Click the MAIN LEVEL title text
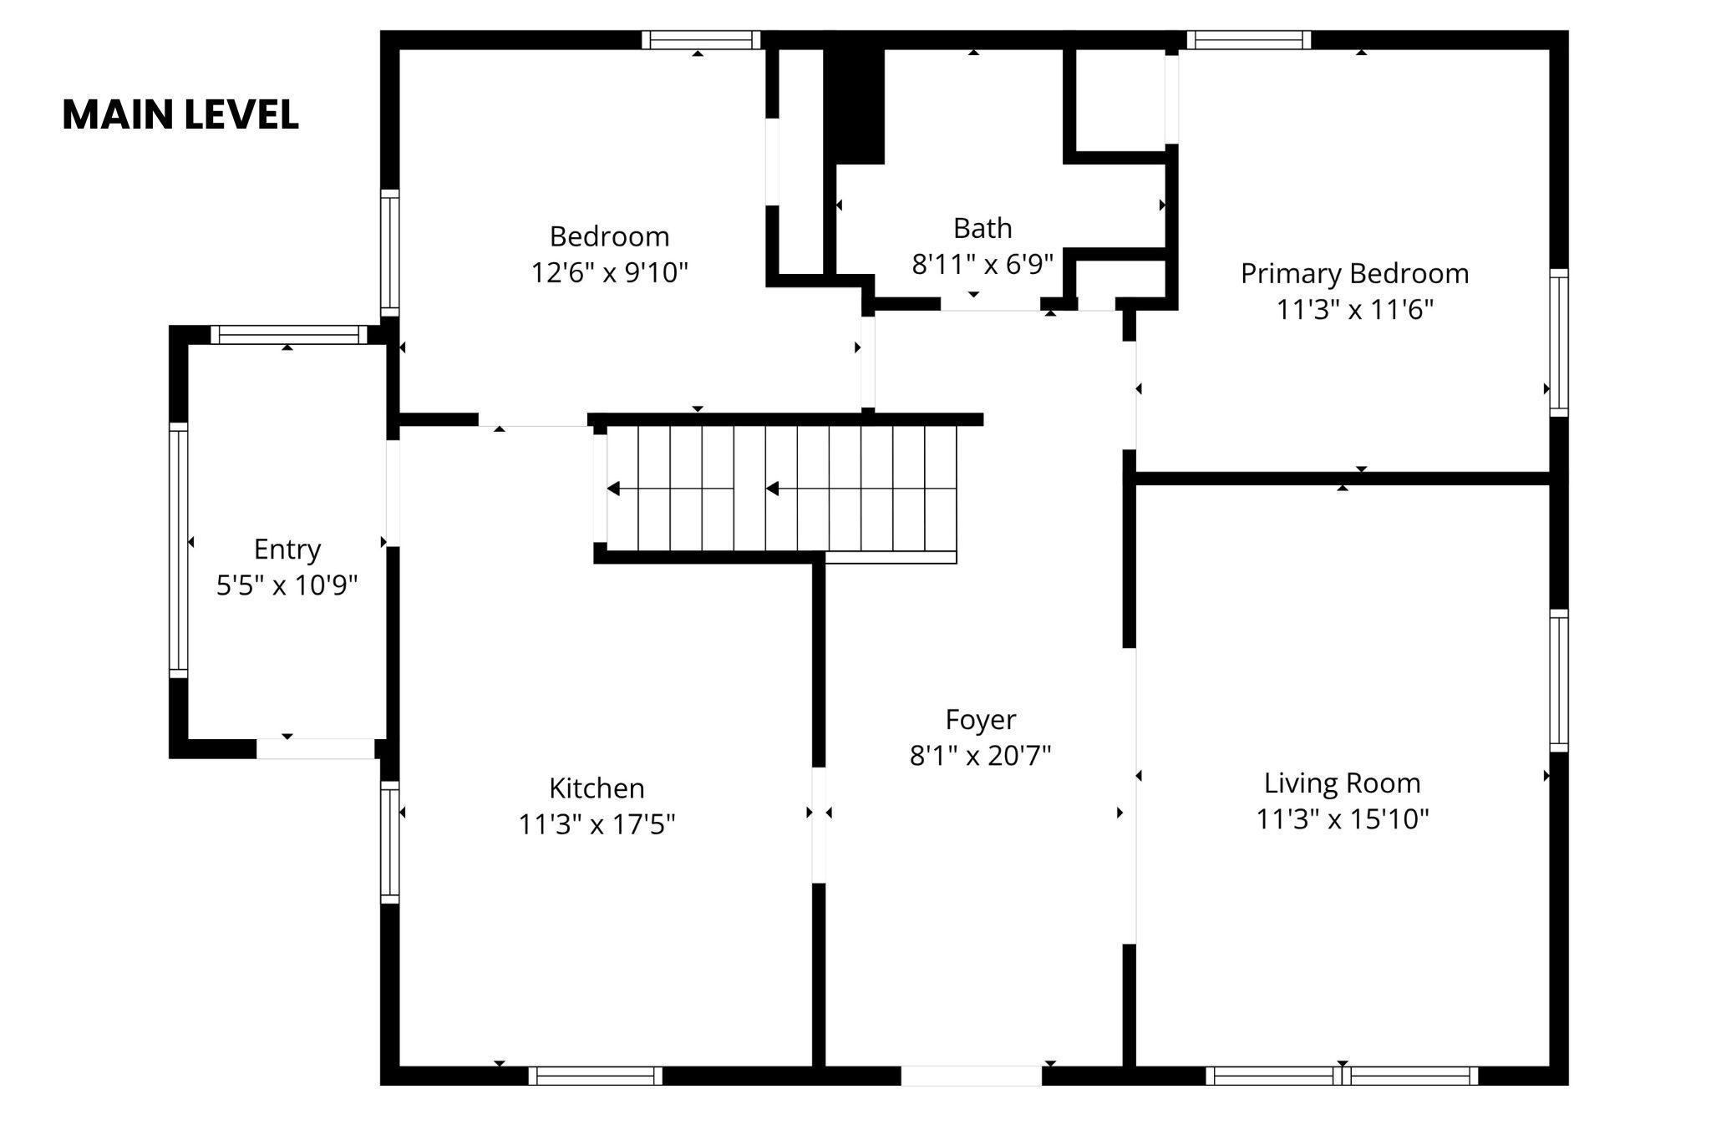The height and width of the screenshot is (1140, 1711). (x=180, y=115)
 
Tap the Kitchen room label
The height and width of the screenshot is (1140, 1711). (x=597, y=788)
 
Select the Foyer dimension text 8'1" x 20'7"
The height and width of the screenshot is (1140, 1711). (x=980, y=755)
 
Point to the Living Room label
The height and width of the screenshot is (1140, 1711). (x=1342, y=783)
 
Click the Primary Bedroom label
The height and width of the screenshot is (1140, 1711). (x=1354, y=274)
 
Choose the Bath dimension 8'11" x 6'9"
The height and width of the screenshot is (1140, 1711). (x=982, y=264)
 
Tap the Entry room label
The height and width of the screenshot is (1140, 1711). (x=287, y=550)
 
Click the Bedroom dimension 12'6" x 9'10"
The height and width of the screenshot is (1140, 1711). (x=610, y=272)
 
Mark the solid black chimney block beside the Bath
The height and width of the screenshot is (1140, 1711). (x=854, y=105)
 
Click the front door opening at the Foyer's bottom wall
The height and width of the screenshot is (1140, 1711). (x=972, y=1076)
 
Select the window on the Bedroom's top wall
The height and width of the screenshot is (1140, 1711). (x=702, y=40)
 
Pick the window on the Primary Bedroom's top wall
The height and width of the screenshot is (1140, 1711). (x=1249, y=40)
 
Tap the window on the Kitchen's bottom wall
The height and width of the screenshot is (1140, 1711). (x=596, y=1076)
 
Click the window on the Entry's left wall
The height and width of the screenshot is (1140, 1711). (x=179, y=550)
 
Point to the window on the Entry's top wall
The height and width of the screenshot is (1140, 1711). (x=288, y=335)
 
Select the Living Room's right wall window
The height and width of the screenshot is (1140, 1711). (x=1559, y=681)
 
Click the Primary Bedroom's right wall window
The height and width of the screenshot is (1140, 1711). (x=1559, y=342)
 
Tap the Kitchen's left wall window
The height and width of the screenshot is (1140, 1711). (x=390, y=842)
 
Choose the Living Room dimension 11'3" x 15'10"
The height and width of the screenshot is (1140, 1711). (x=1343, y=819)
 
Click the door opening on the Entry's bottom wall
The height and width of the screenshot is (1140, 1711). (x=316, y=749)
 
